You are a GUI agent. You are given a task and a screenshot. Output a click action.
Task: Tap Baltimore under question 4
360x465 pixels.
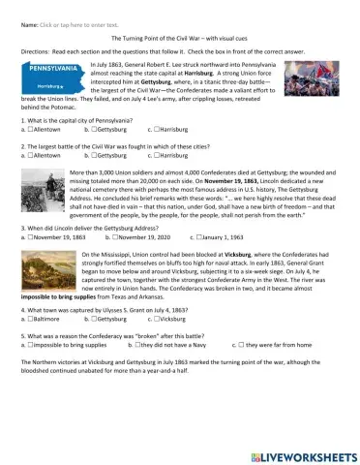click(x=32, y=346)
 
